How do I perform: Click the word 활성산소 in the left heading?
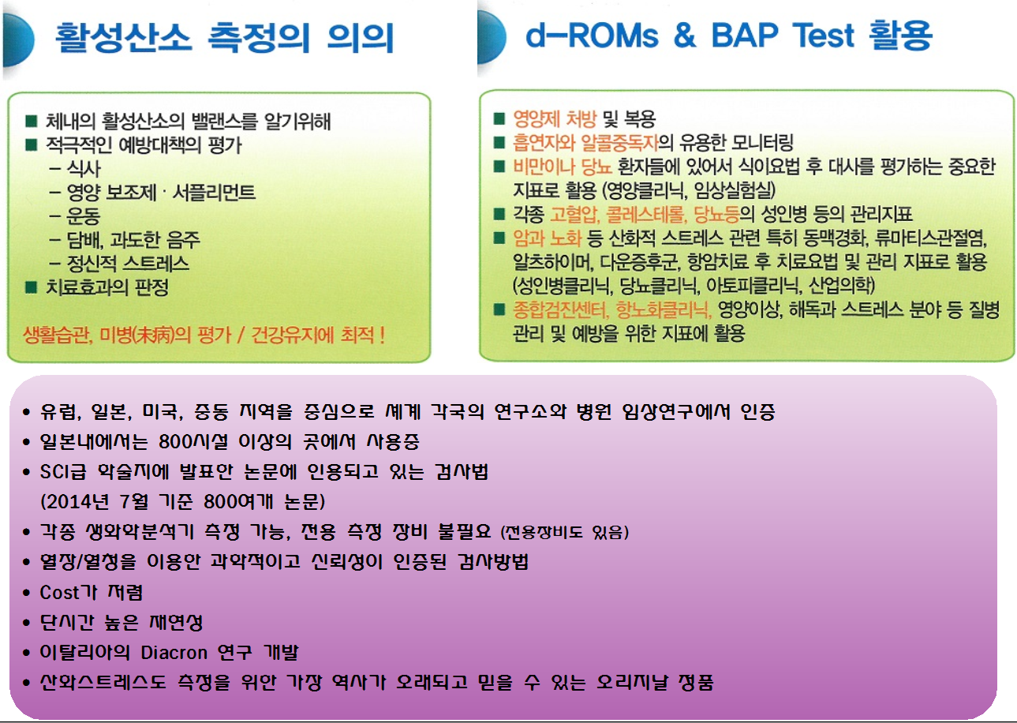click(x=124, y=37)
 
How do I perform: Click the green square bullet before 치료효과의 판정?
click(x=31, y=287)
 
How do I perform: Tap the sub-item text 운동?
click(x=83, y=215)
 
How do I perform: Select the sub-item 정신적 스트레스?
click(x=128, y=264)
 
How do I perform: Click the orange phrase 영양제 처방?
click(x=554, y=119)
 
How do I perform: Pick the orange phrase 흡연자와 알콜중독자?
click(x=585, y=143)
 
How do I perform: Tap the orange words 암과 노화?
click(x=547, y=238)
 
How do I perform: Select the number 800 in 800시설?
click(x=174, y=441)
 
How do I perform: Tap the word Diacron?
click(x=174, y=653)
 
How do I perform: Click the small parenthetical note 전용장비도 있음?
click(x=564, y=532)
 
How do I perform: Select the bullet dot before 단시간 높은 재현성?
click(x=26, y=623)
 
